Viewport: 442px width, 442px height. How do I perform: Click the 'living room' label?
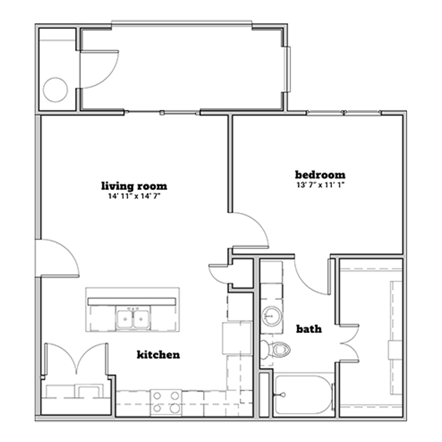[134, 186]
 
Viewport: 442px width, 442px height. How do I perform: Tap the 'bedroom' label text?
[320, 175]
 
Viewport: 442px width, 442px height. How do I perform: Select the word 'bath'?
[309, 329]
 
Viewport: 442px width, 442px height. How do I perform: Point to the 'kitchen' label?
[159, 354]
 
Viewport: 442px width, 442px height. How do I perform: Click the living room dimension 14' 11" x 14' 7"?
[134, 196]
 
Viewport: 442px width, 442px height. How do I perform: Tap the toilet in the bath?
[275, 350]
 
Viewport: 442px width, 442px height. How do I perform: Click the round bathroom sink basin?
[271, 316]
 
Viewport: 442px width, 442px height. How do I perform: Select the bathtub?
[303, 395]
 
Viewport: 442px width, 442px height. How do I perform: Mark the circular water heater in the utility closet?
[55, 90]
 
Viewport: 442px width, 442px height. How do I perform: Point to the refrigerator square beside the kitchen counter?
[237, 338]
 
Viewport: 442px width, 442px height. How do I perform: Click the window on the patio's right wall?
[288, 69]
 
